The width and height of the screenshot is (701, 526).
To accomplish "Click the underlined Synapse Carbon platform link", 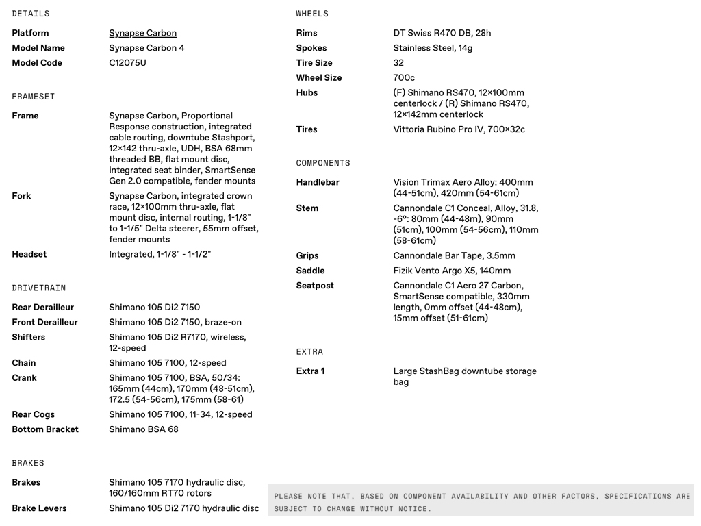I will (x=142, y=33).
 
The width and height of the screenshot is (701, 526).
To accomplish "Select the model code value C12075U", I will (x=127, y=63).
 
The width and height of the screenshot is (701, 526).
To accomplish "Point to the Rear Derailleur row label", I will (x=42, y=308).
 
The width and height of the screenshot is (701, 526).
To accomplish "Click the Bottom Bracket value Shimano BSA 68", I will (x=144, y=429).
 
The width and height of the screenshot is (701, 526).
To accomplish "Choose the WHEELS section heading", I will (x=312, y=14).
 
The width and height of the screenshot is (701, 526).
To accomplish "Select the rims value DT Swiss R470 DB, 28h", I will (x=442, y=33).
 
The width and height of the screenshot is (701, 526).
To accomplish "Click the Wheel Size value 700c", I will (x=404, y=78).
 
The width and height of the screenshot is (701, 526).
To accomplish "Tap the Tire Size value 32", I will (x=398, y=63).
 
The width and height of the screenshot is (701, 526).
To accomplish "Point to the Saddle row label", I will (x=310, y=271).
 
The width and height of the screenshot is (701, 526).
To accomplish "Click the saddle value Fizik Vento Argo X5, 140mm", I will (x=452, y=271).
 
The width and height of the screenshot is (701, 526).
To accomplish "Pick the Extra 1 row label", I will (x=310, y=371).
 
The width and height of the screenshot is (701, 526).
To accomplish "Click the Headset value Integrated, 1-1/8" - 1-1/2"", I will (x=160, y=254).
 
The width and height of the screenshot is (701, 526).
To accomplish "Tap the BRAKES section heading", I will (x=28, y=463).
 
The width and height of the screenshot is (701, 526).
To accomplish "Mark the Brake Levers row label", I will (x=39, y=508).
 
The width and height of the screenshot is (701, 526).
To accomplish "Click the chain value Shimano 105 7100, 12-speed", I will (x=167, y=363).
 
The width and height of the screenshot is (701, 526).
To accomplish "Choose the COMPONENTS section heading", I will (x=322, y=163).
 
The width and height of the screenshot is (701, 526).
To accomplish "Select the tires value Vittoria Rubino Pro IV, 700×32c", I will (x=459, y=129).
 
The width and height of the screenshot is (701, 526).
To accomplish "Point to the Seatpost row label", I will (x=314, y=286).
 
